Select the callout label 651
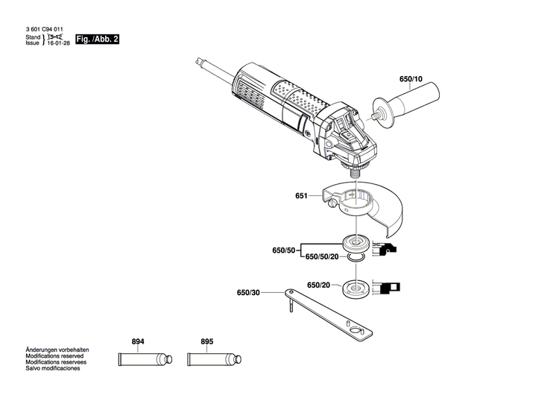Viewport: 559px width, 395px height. pyautogui.click(x=301, y=197)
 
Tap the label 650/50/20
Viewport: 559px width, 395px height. pyautogui.click(x=323, y=256)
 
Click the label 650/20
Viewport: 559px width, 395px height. pyautogui.click(x=318, y=285)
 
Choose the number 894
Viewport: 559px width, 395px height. pyautogui.click(x=137, y=342)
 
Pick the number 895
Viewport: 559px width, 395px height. pyautogui.click(x=206, y=342)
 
